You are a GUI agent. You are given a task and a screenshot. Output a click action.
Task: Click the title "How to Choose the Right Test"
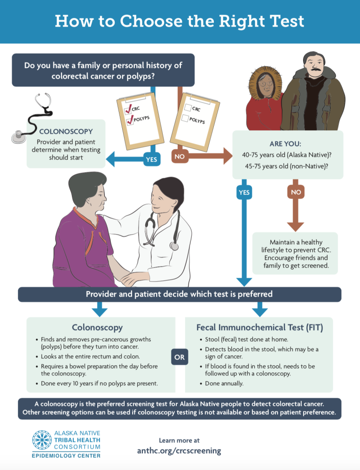tap(180, 21)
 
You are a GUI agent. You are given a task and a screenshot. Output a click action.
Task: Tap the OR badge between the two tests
tap(180, 357)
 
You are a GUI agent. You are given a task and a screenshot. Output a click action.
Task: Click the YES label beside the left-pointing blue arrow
tap(151, 159)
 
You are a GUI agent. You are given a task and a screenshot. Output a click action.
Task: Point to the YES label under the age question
tap(244, 192)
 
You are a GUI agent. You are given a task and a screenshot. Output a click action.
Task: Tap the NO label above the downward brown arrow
tap(296, 192)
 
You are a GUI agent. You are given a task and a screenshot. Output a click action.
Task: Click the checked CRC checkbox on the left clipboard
tap(127, 110)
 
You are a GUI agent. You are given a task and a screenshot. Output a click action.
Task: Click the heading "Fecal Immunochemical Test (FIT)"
tap(259, 327)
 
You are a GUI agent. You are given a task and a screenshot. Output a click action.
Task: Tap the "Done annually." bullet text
tap(224, 384)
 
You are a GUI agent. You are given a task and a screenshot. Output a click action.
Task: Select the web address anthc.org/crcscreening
tap(179, 451)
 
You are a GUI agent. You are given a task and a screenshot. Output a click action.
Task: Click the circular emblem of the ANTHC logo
tap(42, 439)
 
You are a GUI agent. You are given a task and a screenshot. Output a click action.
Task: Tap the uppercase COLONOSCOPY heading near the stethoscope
tap(66, 132)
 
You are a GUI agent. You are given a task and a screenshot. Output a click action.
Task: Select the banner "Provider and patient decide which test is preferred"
tap(180, 295)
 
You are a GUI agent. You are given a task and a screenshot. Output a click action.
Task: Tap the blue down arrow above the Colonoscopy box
tap(100, 309)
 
